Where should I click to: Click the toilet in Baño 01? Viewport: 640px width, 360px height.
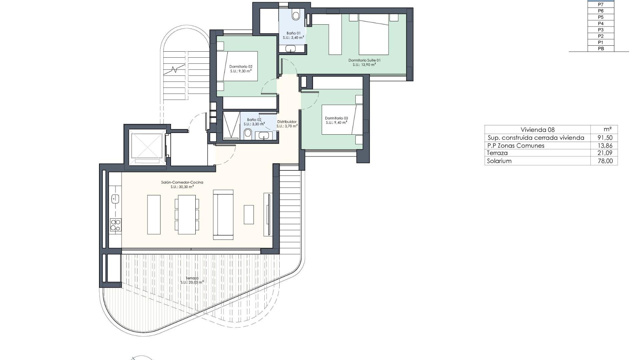click(x=296, y=15)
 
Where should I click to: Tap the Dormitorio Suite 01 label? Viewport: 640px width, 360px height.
click(x=364, y=60)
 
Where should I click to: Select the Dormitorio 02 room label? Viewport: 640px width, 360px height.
click(x=241, y=67)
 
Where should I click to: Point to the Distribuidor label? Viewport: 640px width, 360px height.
click(x=287, y=122)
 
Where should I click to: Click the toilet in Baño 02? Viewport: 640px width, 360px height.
click(x=248, y=134)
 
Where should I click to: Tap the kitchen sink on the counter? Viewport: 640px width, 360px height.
click(x=115, y=199)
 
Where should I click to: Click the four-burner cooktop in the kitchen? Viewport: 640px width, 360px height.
click(x=115, y=225)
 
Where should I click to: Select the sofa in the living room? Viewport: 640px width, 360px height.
click(x=223, y=215)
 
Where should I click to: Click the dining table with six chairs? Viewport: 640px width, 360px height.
click(x=187, y=214)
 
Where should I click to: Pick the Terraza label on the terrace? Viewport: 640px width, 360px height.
click(x=192, y=278)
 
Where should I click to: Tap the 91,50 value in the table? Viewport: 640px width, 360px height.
click(x=605, y=138)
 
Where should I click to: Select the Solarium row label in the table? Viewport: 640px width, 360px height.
click(x=499, y=161)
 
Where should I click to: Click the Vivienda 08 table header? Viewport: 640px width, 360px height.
click(x=537, y=130)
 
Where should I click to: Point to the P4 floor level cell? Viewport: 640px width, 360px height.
click(x=601, y=23)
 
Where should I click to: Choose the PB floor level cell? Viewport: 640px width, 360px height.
click(x=601, y=49)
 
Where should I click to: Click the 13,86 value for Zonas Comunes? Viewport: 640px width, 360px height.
click(x=605, y=146)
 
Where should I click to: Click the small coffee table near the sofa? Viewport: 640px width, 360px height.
click(x=249, y=214)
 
